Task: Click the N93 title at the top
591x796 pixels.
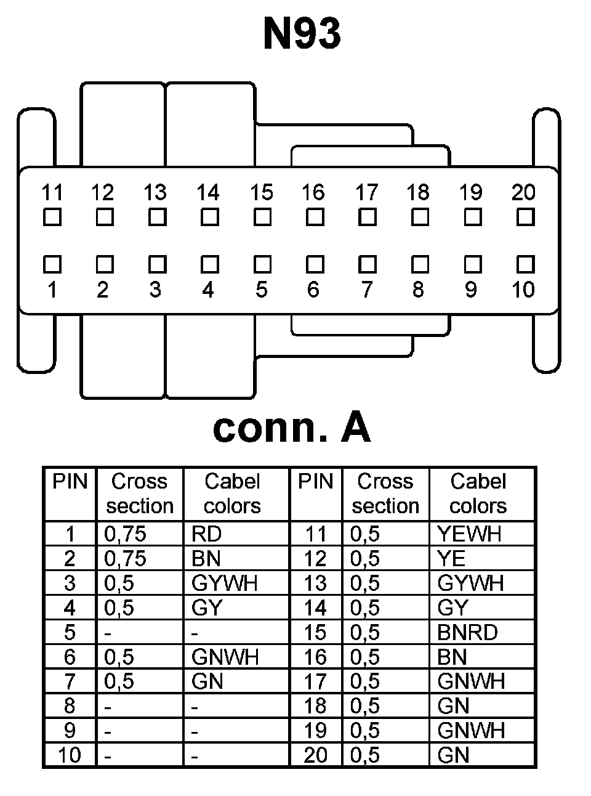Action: (302, 33)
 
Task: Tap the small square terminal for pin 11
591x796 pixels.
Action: (52, 217)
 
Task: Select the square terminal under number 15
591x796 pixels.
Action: (262, 217)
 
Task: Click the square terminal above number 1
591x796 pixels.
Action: (52, 264)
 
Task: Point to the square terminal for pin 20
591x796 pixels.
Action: (525, 217)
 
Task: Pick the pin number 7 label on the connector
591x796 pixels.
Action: (366, 289)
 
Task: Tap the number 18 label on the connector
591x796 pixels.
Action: (418, 192)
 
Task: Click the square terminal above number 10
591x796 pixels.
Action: (525, 264)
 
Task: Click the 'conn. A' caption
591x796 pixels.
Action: (291, 428)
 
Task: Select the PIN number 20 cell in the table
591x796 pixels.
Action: (315, 755)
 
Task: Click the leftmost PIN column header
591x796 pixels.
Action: (70, 482)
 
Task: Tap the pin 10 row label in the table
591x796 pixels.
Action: (69, 755)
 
